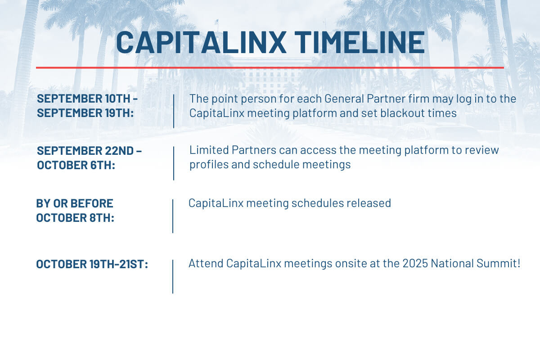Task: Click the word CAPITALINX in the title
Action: [x=201, y=42]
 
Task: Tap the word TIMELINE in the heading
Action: [x=360, y=42]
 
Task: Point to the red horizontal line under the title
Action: [x=270, y=68]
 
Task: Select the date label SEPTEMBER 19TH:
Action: [x=85, y=113]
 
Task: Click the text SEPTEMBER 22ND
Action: [x=85, y=151]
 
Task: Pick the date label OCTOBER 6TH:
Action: [x=76, y=165]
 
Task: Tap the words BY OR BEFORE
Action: [x=75, y=203]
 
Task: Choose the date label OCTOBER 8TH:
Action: [x=75, y=218]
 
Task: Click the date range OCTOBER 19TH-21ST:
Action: [x=92, y=264]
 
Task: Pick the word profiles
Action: [x=209, y=165]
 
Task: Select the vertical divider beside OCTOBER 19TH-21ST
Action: [x=173, y=277]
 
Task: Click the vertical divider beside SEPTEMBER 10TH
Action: [x=174, y=111]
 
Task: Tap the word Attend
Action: [x=206, y=263]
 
